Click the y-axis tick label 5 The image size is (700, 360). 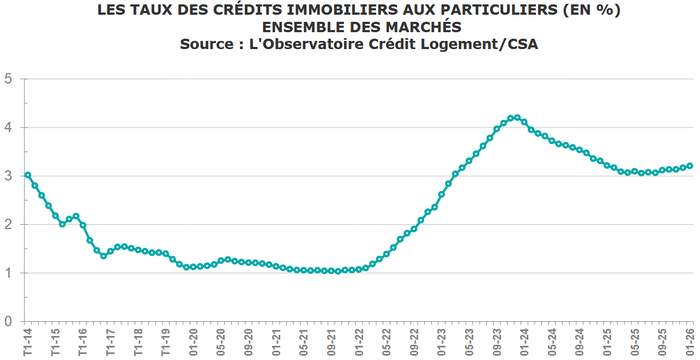pos(8,79)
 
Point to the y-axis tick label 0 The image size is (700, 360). pos(8,322)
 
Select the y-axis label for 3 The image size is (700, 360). pos(8,176)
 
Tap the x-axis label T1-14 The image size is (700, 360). pos(27,343)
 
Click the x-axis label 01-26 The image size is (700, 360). pos(689,343)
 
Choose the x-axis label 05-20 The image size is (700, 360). pos(221,343)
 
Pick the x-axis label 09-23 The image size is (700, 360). pos(497,343)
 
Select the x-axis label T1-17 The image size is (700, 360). pos(110,343)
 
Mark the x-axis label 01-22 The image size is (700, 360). pos(359,343)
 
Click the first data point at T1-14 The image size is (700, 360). pos(28,175)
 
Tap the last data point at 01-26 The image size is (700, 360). pos(690,166)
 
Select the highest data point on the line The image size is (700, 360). pos(517,117)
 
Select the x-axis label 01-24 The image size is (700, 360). pos(524,343)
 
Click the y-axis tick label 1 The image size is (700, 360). pos(8,273)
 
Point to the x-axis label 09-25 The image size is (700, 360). pos(662,343)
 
